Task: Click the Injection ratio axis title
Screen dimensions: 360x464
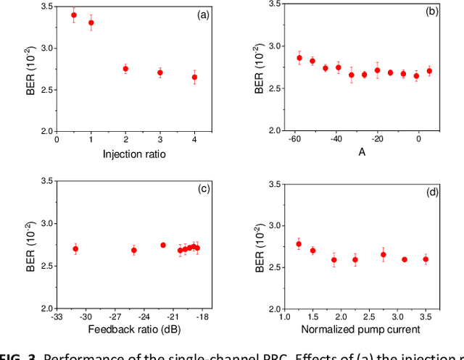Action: (x=134, y=154)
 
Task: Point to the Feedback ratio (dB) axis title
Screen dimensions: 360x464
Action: (x=133, y=330)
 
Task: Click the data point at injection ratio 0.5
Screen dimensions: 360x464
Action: (x=74, y=15)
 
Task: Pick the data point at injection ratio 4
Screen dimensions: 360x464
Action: (x=194, y=77)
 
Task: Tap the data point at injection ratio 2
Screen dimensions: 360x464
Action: (x=125, y=69)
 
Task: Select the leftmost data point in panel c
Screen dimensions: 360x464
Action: (x=75, y=248)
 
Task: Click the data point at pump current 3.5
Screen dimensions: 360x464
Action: (x=426, y=259)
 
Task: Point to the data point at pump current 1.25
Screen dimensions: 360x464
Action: (x=299, y=244)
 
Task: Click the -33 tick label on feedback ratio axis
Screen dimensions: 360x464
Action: (x=57, y=317)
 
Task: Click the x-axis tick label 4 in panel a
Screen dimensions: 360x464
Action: (x=194, y=140)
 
